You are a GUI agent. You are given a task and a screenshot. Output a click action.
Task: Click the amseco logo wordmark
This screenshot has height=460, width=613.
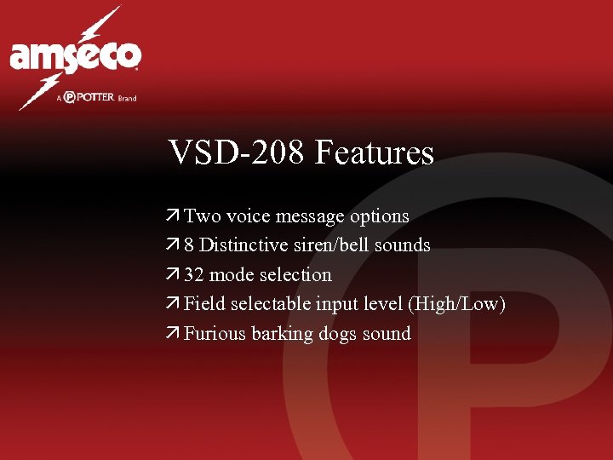[x=75, y=56]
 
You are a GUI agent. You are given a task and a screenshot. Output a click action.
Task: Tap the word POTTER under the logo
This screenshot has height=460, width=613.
[x=95, y=98]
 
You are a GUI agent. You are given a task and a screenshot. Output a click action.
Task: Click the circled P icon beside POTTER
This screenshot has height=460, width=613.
[x=70, y=98]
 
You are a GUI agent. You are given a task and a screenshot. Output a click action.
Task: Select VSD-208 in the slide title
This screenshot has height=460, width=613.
[x=238, y=153]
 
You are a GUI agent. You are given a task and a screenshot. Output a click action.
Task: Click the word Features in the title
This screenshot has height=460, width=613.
[x=374, y=153]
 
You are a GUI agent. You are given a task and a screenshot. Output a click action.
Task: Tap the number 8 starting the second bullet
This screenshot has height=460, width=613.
[x=189, y=245]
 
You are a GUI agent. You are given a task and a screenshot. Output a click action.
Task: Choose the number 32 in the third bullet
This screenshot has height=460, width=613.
[x=194, y=275]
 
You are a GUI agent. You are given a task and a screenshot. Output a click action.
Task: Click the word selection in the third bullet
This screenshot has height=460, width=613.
[x=295, y=275]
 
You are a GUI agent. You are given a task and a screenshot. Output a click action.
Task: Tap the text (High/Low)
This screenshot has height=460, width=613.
[x=457, y=304]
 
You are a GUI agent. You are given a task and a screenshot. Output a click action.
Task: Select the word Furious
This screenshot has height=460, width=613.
[x=215, y=334]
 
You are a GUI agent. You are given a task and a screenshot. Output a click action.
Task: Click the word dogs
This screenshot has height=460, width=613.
[x=338, y=334]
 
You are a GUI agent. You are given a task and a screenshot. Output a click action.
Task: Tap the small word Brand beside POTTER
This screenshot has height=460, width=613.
[x=127, y=99]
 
